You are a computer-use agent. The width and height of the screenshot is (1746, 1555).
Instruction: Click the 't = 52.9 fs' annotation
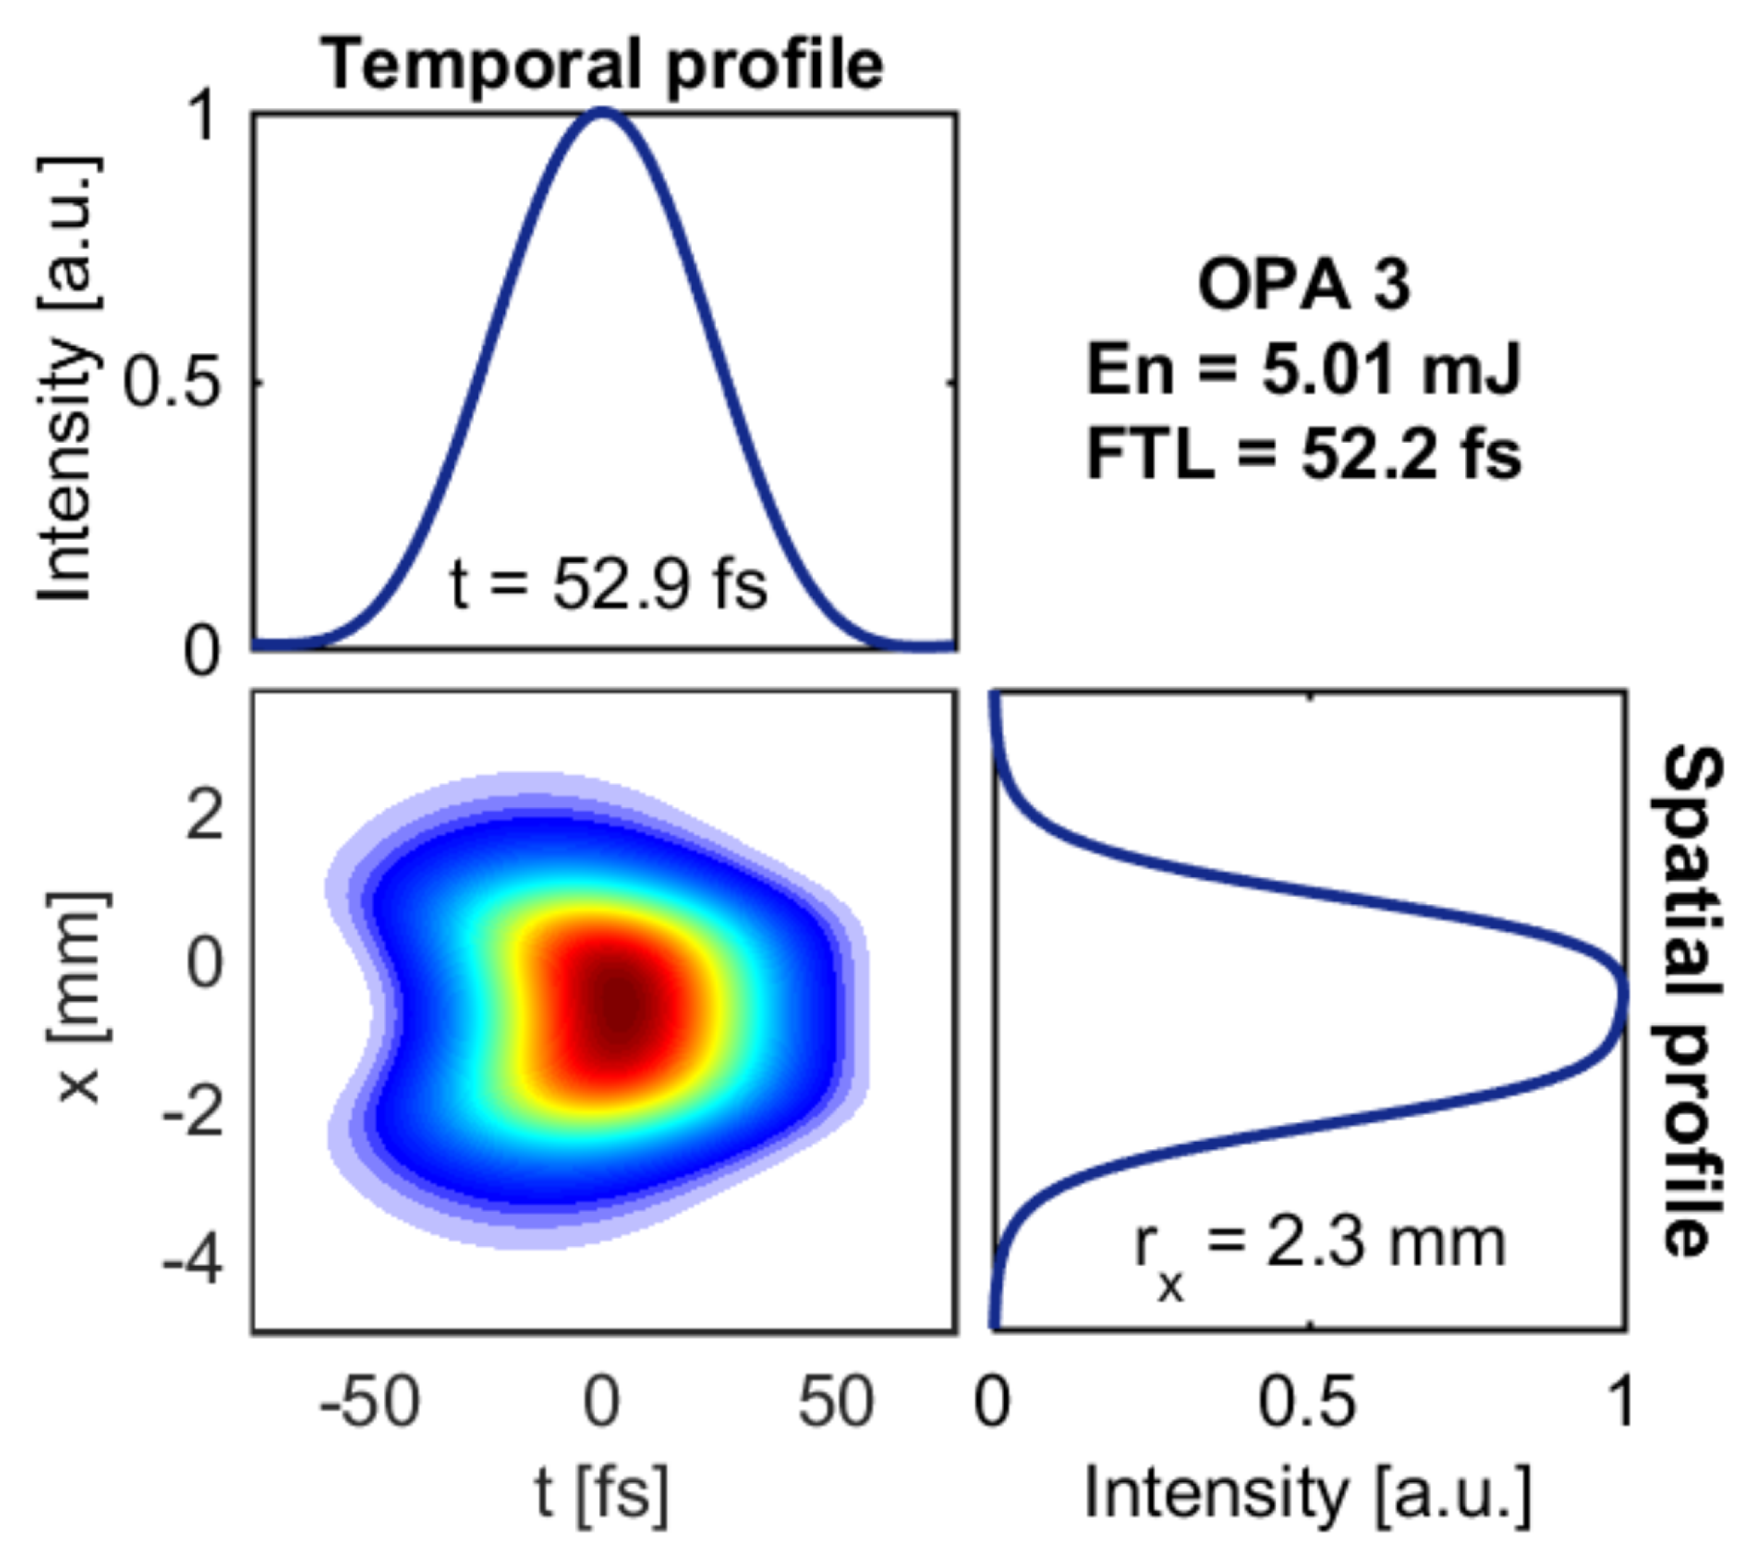[x=609, y=586]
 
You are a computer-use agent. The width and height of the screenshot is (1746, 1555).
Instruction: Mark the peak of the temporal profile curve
[x=603, y=110]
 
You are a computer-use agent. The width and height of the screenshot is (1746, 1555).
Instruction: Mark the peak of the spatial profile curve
[x=1623, y=995]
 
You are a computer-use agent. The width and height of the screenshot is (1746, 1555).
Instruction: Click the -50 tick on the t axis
[x=369, y=1403]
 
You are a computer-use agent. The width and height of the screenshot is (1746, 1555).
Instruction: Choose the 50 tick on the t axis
[x=836, y=1403]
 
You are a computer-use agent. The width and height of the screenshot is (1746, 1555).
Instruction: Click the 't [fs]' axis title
[x=602, y=1495]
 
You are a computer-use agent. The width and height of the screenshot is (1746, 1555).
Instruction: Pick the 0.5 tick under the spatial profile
[x=1308, y=1403]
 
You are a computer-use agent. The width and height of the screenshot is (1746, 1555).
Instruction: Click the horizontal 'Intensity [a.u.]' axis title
[x=1308, y=1495]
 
